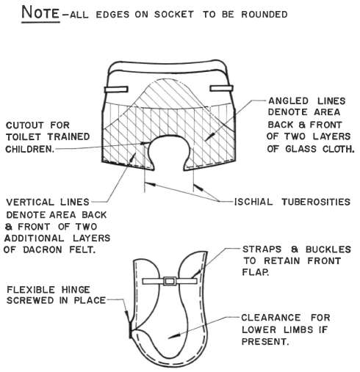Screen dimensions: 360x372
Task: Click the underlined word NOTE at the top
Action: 40,12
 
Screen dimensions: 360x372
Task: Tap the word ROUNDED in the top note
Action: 264,15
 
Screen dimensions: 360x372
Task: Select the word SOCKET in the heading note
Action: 174,15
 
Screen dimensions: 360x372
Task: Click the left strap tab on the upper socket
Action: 116,90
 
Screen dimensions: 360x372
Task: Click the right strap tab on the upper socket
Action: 221,88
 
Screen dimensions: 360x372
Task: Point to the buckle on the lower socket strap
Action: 170,281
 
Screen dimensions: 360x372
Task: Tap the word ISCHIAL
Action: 253,202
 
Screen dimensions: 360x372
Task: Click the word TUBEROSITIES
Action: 316,202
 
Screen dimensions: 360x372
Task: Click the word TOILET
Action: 24,137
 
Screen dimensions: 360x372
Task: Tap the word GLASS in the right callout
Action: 301,149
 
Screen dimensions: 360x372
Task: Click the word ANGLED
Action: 289,101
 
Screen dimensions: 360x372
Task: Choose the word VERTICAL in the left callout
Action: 30,203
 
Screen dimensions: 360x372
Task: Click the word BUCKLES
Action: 328,249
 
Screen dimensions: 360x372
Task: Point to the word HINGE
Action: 76,290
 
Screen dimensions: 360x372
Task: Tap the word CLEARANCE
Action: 270,318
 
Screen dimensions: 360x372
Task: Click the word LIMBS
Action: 298,329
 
